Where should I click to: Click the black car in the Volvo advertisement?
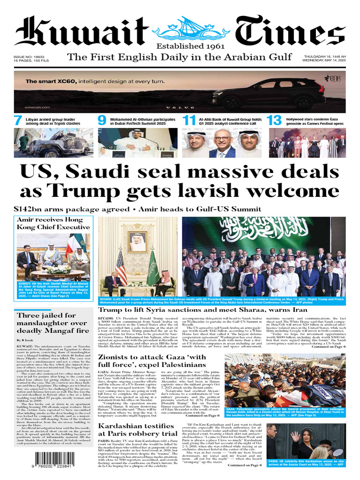262,95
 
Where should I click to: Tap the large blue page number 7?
18,121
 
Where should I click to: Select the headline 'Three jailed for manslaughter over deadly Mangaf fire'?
52,323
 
